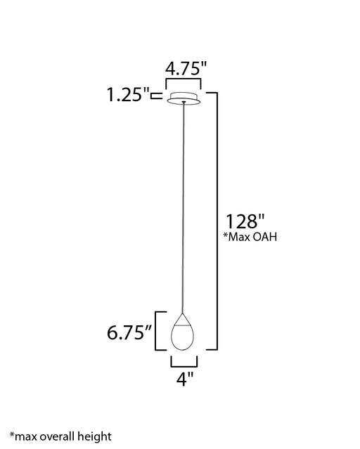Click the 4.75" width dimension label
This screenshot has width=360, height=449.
pyautogui.click(x=186, y=69)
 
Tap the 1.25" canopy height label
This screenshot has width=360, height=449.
pyautogui.click(x=128, y=94)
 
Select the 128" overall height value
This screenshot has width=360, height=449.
pyautogui.click(x=245, y=221)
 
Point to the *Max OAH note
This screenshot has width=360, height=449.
pyautogui.click(x=250, y=237)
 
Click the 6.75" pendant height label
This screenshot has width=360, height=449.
pyautogui.click(x=129, y=332)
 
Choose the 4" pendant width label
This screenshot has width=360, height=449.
pyautogui.click(x=185, y=379)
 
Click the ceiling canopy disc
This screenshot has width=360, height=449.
pyautogui.click(x=184, y=98)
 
